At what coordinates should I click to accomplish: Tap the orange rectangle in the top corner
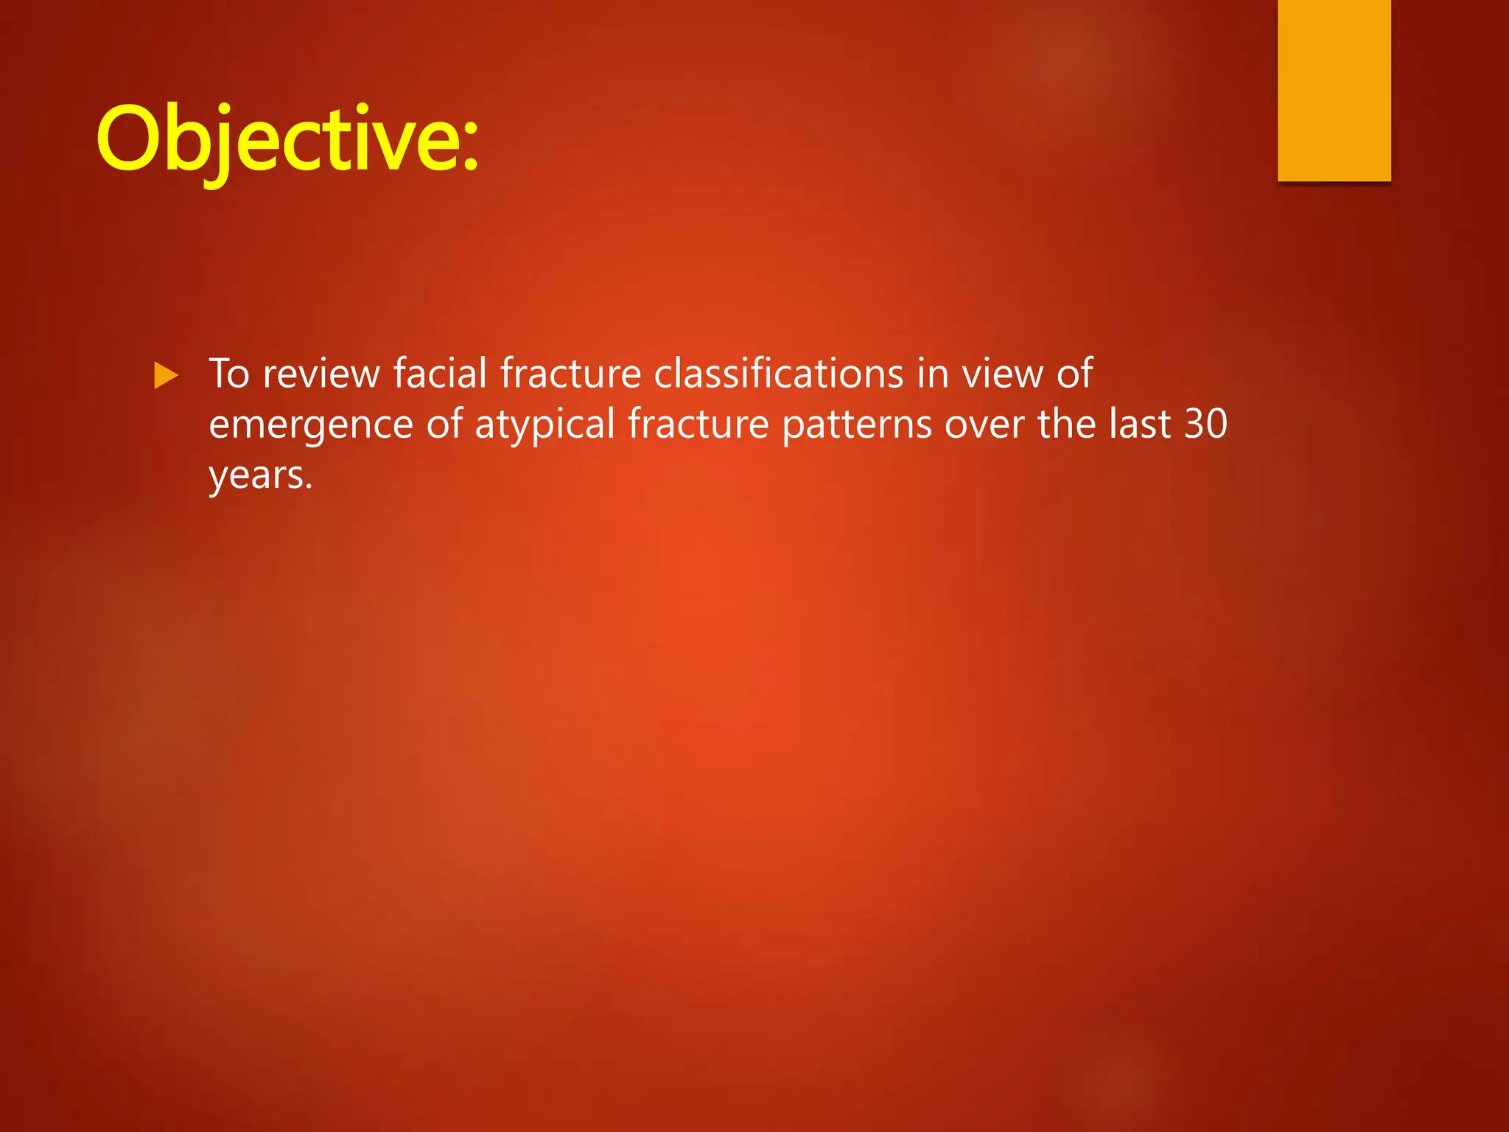[x=1334, y=90]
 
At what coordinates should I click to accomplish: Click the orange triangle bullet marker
[x=167, y=375]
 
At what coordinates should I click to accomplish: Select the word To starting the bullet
[x=229, y=374]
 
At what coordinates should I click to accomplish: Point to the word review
[x=321, y=374]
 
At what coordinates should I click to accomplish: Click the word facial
[x=440, y=374]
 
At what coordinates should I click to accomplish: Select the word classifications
[x=778, y=374]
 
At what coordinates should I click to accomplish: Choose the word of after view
[x=1074, y=374]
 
